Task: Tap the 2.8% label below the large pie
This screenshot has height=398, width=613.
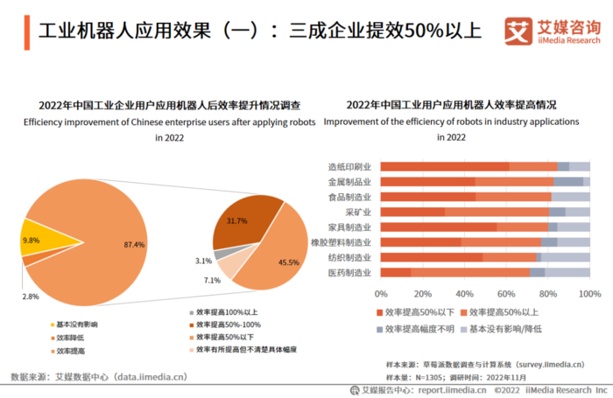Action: [31, 297]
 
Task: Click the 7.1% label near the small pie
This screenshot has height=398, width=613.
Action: [212, 280]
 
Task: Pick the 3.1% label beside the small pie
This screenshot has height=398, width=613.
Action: [203, 261]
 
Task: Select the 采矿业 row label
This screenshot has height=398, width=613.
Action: [358, 212]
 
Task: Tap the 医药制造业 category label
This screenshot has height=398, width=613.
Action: [349, 272]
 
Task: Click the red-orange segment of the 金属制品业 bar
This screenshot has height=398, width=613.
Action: [426, 181]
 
